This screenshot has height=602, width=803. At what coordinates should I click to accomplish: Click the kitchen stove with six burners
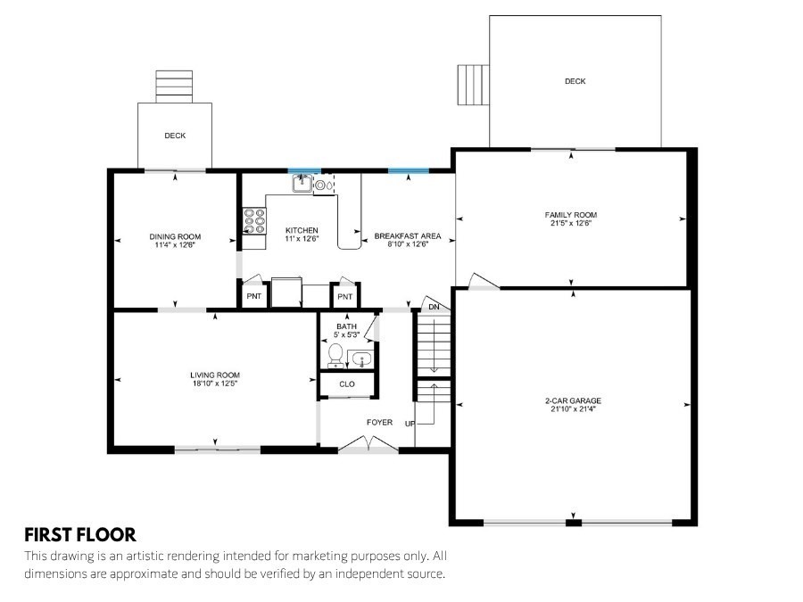[254, 220]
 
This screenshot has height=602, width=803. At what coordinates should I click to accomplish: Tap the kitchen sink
[302, 183]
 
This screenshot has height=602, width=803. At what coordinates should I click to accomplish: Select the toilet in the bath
[335, 355]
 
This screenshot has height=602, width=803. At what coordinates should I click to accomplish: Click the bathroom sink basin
[361, 359]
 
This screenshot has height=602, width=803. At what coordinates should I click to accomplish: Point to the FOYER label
[379, 423]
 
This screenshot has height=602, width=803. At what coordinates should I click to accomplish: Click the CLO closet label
[347, 383]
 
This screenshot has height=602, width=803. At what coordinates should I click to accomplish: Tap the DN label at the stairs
[434, 307]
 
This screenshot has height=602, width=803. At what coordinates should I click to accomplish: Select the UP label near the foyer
[410, 424]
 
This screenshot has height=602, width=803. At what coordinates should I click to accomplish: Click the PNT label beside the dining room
[254, 296]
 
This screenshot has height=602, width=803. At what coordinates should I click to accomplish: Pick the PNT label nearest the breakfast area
[345, 296]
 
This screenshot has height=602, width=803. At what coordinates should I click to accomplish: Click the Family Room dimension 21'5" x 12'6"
[571, 223]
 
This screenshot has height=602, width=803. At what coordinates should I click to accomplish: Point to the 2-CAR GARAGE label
[573, 400]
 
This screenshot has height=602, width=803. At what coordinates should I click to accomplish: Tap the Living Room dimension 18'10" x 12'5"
[215, 383]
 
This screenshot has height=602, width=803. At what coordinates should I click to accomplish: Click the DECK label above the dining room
[175, 136]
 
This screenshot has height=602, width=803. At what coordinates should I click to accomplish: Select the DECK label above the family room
[575, 81]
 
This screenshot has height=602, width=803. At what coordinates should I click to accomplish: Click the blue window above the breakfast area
[408, 171]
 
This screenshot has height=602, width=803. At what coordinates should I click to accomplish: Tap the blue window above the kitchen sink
[304, 171]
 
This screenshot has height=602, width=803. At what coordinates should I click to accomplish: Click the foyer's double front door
[368, 444]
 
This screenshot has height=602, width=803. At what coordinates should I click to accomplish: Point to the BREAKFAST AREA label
[408, 236]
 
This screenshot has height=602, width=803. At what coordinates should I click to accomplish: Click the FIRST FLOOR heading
[80, 535]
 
